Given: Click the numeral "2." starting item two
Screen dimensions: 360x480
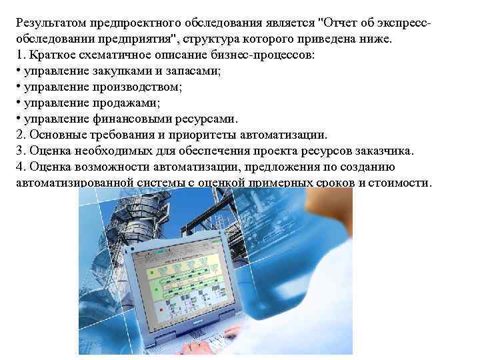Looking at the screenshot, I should pyautogui.click(x=19, y=135).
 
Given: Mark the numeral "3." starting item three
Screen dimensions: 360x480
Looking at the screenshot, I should pyautogui.click(x=19, y=151).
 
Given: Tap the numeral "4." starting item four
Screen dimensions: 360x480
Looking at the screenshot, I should pyautogui.click(x=19, y=167).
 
